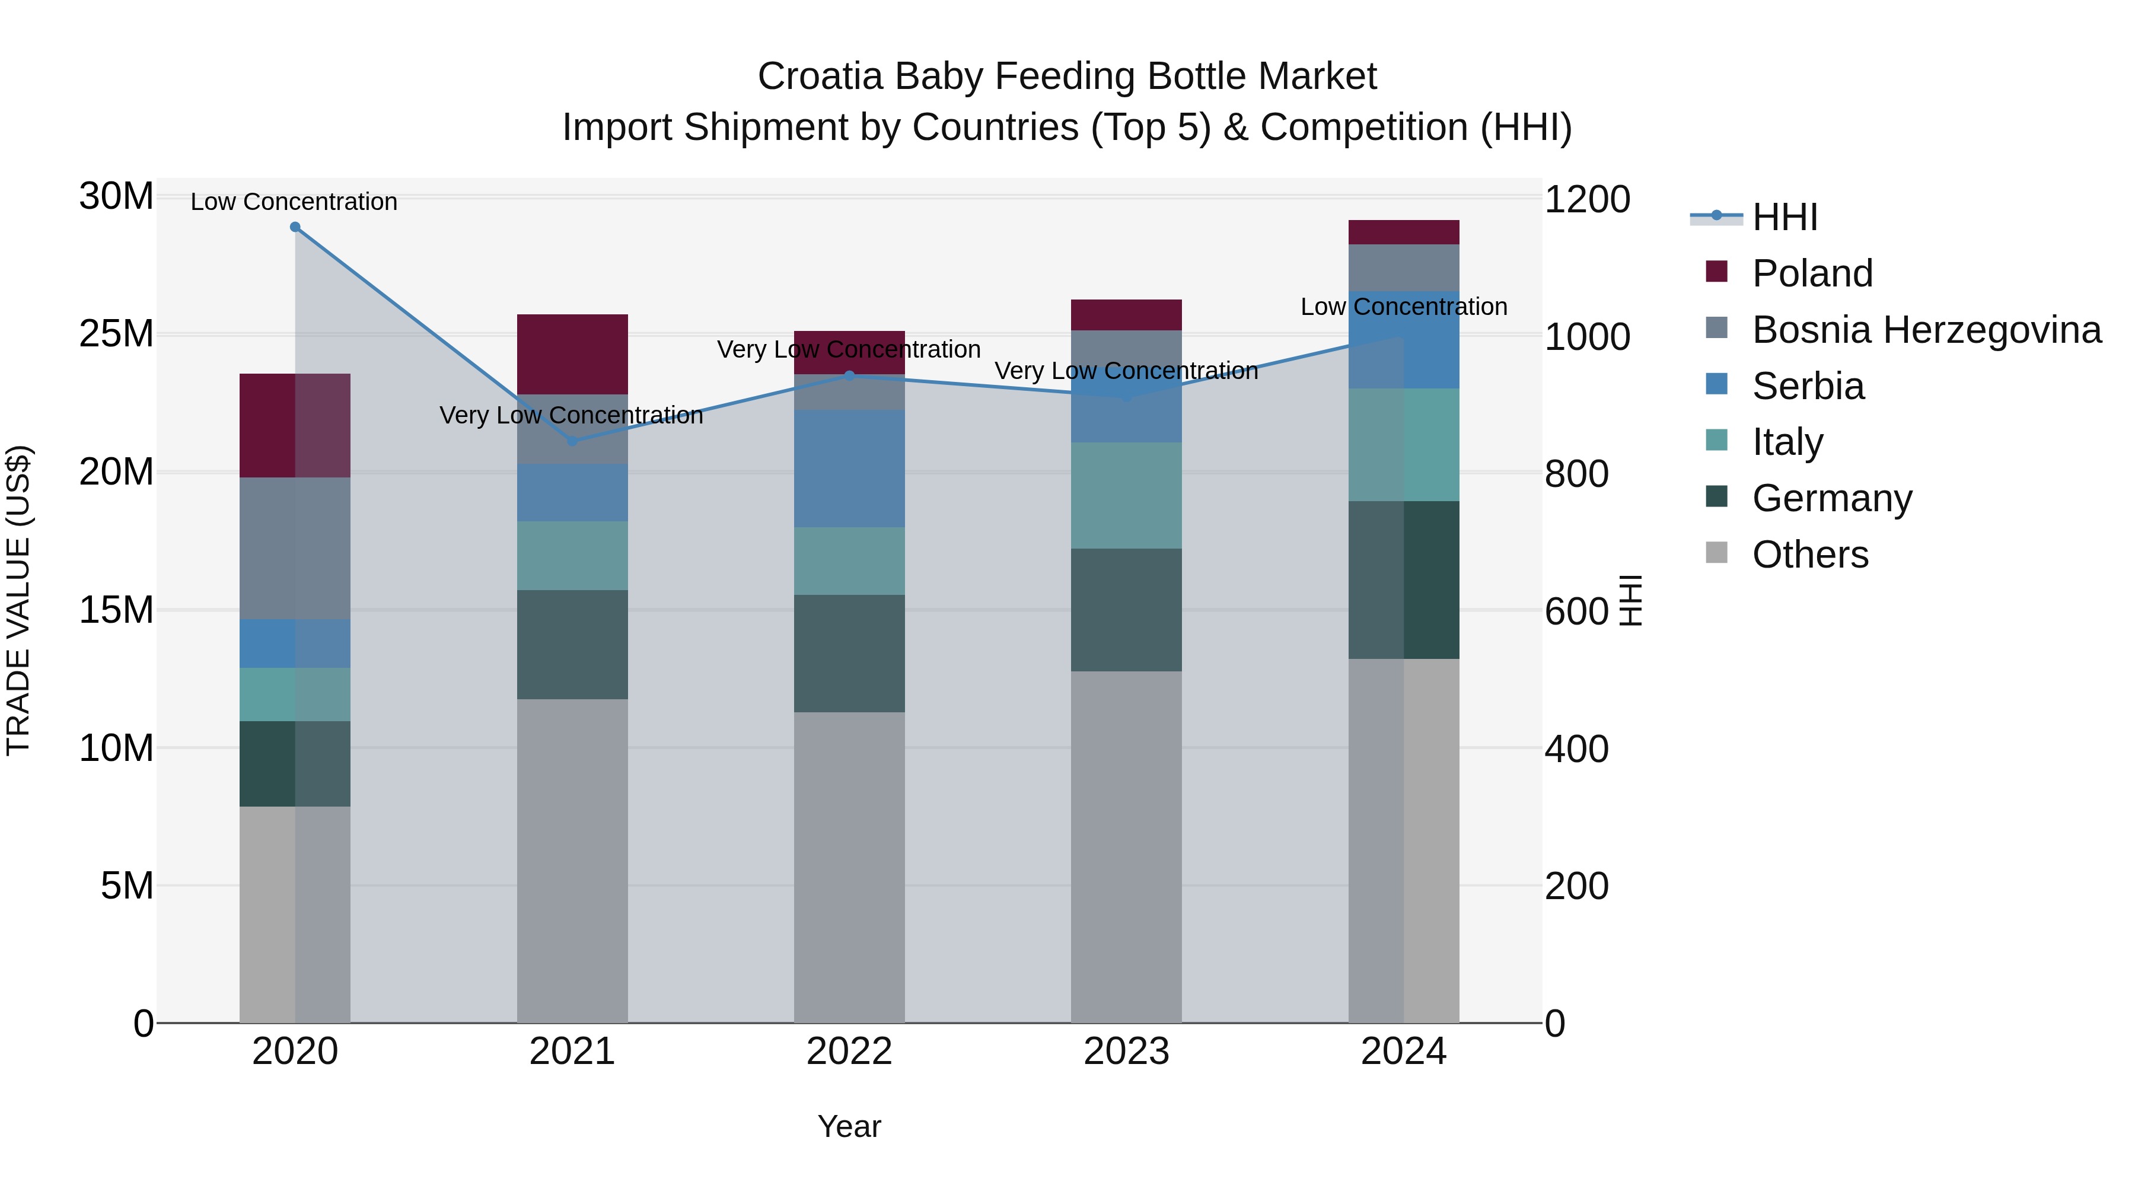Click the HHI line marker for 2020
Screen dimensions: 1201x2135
click(x=295, y=227)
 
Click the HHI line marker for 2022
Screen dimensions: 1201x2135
click(x=849, y=375)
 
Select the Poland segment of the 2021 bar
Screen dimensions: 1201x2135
click(x=572, y=355)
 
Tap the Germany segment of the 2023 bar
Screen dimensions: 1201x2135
click(x=1126, y=610)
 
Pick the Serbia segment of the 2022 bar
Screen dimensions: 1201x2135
click(x=849, y=469)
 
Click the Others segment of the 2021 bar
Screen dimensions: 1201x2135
click(x=572, y=861)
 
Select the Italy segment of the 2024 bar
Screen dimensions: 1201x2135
click(x=1403, y=444)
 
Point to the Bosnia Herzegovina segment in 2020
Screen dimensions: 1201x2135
click(x=295, y=548)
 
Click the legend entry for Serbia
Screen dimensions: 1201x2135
click(x=1808, y=386)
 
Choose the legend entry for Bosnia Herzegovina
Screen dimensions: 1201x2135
click(x=1926, y=330)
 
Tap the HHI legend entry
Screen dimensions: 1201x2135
click(x=1785, y=217)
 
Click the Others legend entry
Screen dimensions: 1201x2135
click(x=1809, y=555)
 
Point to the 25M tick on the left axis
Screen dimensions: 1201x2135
click(x=116, y=334)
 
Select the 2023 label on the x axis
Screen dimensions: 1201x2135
click(x=1126, y=1052)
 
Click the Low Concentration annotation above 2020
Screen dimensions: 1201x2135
click(x=294, y=202)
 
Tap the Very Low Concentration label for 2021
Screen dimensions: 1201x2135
click(x=571, y=415)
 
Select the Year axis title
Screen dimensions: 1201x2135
click(x=849, y=1126)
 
